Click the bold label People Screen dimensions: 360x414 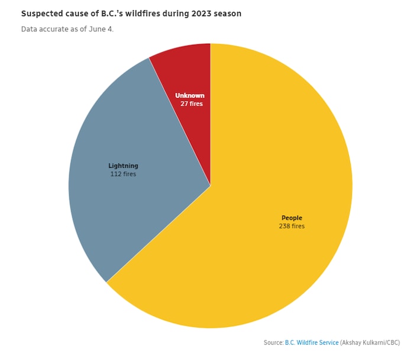pos(292,218)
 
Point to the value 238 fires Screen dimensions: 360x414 pos(292,226)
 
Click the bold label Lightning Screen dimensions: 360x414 pos(123,166)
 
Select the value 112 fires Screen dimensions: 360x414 pos(123,174)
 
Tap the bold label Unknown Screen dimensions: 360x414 pos(190,95)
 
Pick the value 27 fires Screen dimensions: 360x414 pos(192,104)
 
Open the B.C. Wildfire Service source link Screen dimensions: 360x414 pos(312,343)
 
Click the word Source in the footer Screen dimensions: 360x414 pos(273,343)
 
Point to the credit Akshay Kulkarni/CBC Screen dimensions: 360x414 pos(370,343)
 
